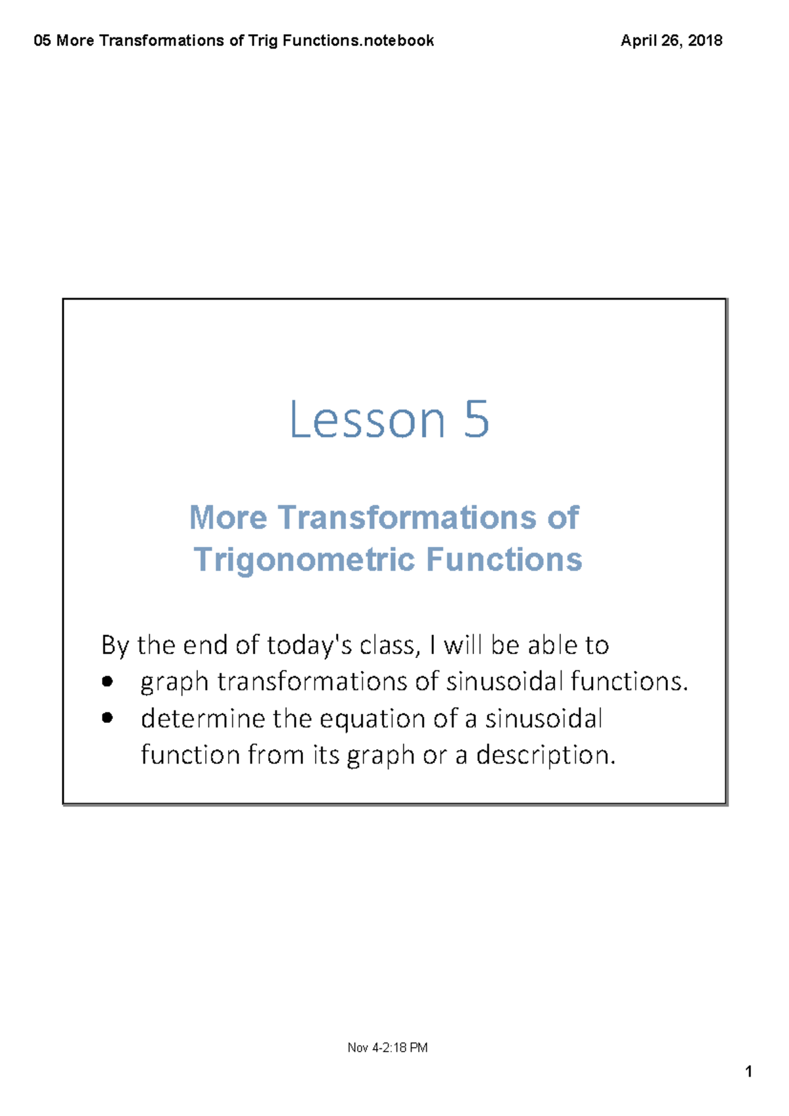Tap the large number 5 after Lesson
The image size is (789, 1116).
coord(477,419)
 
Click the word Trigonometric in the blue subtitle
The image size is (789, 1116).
coord(304,561)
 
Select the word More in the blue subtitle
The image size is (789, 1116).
coord(228,517)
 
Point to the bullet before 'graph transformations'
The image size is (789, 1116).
coord(107,682)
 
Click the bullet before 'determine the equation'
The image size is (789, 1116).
coord(107,718)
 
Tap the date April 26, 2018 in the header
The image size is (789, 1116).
coord(671,40)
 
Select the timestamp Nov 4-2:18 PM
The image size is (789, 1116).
coord(387,1047)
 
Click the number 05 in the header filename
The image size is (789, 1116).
coord(42,40)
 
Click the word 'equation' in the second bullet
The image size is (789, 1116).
coord(372,720)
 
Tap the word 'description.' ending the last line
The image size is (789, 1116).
coord(546,755)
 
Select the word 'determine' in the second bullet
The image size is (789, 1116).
coord(203,719)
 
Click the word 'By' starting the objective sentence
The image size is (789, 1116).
coord(114,646)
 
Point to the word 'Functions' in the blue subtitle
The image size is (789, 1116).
coord(504,559)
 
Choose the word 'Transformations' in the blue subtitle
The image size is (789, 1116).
coord(407,517)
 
